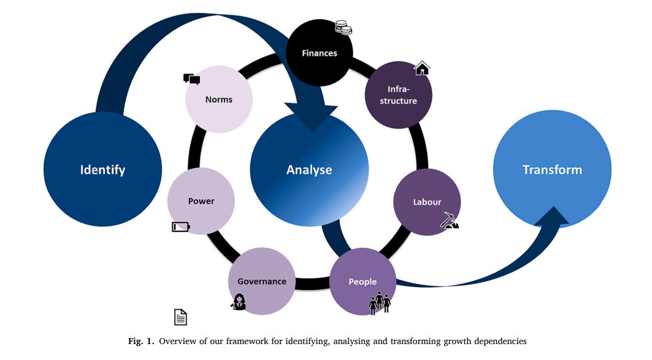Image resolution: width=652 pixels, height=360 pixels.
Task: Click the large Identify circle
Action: pyautogui.click(x=102, y=169)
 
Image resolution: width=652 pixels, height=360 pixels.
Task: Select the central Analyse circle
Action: pyautogui.click(x=309, y=169)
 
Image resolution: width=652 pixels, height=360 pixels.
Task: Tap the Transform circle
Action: pyautogui.click(x=552, y=169)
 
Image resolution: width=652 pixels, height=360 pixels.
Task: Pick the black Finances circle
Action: pyautogui.click(x=320, y=53)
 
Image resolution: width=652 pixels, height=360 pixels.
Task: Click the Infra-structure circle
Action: pyautogui.click(x=398, y=95)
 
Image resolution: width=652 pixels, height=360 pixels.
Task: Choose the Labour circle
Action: pyautogui.click(x=427, y=202)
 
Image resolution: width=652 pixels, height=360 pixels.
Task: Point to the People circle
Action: pyautogui.click(x=362, y=281)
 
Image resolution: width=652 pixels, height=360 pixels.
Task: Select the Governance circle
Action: pyautogui.click(x=261, y=281)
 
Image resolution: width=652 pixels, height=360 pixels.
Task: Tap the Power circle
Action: pyautogui.click(x=201, y=201)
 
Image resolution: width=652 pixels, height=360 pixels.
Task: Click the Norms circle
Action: pyautogui.click(x=219, y=99)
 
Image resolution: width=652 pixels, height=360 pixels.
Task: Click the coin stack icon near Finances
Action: pyautogui.click(x=344, y=28)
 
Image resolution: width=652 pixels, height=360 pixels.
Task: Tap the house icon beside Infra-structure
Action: pyautogui.click(x=421, y=68)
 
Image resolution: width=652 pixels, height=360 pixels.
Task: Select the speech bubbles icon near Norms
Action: pyautogui.click(x=192, y=79)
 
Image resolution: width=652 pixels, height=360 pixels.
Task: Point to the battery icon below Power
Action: pyautogui.click(x=181, y=226)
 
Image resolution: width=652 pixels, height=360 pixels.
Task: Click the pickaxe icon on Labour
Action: pyautogui.click(x=450, y=220)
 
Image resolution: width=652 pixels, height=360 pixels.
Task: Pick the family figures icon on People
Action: pyautogui.click(x=380, y=302)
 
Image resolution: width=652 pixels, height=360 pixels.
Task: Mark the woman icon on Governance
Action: pyautogui.click(x=239, y=301)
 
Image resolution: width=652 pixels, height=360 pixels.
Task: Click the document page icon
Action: pyautogui.click(x=180, y=317)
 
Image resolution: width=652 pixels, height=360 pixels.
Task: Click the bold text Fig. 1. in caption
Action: pyautogui.click(x=141, y=341)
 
